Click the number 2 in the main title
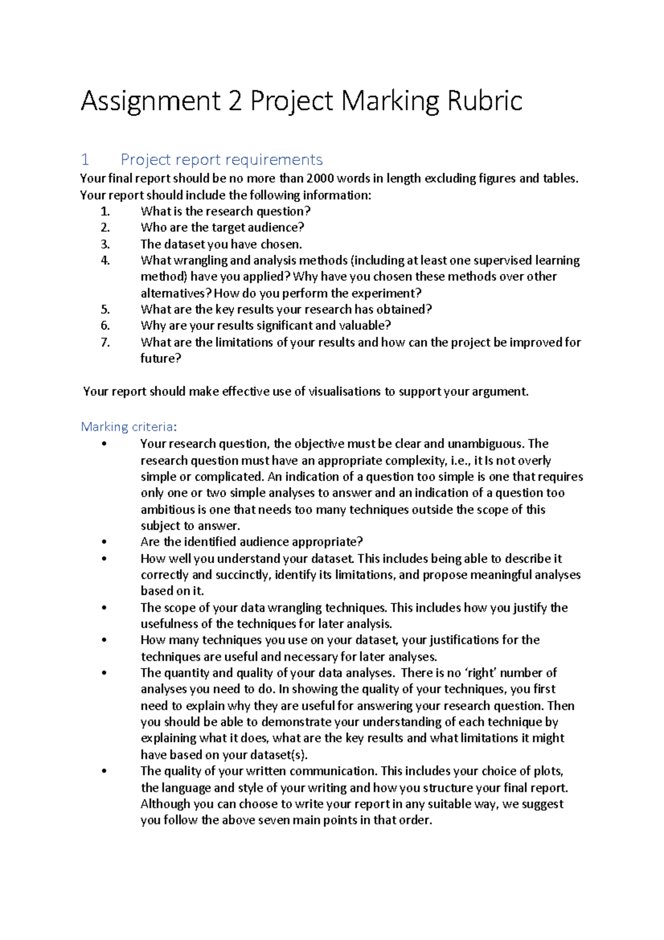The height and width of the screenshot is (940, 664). coord(235,101)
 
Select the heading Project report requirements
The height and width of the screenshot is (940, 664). coord(221,160)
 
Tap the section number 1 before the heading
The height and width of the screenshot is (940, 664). coord(85,160)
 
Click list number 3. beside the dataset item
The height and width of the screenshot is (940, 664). coord(105,244)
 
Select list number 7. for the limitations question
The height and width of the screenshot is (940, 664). coord(105,342)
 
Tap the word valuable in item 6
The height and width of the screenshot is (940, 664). coord(365,326)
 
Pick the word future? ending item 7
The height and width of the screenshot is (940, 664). coord(160,358)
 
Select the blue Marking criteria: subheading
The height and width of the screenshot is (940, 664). coord(128,427)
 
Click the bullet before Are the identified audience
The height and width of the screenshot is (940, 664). coord(103,543)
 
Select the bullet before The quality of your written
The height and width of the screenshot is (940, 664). coord(103,772)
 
